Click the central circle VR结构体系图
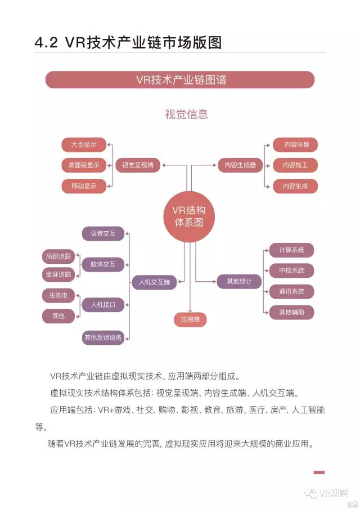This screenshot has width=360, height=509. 188,217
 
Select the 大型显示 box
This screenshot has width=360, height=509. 84,145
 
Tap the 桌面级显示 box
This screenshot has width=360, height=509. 84,165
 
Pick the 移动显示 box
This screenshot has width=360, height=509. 84,186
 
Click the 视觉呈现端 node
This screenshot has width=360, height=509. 138,165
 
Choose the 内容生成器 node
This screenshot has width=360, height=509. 240,165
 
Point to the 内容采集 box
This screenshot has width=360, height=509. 295,145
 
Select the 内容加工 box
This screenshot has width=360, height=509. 295,165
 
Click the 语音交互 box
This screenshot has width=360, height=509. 103,233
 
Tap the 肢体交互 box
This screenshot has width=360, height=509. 103,264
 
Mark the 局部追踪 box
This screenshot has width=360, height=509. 58,256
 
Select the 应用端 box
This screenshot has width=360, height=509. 190,320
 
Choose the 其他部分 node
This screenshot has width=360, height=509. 239,281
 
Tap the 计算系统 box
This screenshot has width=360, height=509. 291,250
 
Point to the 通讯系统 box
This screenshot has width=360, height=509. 291,291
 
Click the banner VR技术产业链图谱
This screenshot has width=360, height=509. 180,80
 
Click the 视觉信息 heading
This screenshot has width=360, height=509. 186,114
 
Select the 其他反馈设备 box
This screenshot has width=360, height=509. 103,337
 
